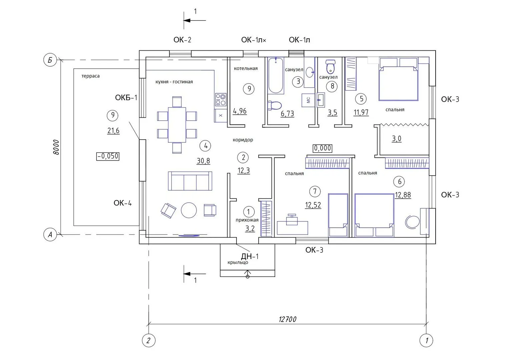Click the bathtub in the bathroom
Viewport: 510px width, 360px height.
276,76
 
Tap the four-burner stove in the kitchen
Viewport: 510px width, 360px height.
220,100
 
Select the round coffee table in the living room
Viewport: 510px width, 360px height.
189,210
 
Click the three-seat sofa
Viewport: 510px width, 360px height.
190,181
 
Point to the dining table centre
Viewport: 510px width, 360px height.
177,125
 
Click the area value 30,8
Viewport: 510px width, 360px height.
203,161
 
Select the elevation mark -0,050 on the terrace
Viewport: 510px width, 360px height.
108,156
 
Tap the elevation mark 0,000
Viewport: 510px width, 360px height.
323,148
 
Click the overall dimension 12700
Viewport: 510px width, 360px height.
288,319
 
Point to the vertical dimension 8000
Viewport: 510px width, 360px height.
56,147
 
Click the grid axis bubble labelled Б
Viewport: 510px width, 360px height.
50,60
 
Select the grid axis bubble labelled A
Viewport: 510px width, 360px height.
50,234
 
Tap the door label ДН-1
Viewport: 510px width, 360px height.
250,256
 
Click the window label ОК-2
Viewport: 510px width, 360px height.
182,40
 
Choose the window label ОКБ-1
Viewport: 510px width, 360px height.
126,98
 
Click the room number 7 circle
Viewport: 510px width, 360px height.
315,191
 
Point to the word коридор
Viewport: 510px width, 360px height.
243,140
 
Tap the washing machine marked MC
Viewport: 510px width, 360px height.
308,100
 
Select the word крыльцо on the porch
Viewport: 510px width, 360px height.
238,262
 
